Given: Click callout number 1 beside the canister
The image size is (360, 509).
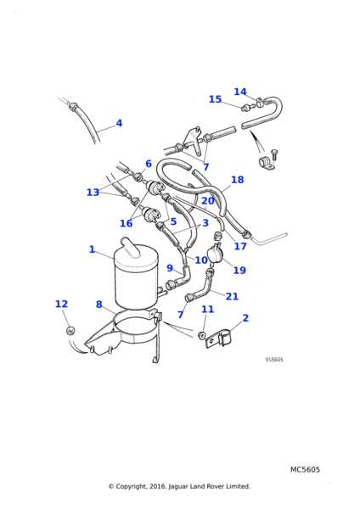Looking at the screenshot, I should pyautogui.click(x=92, y=249).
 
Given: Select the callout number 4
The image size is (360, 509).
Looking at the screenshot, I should pyautogui.click(x=119, y=123).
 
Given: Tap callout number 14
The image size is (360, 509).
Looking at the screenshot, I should pyautogui.click(x=240, y=92).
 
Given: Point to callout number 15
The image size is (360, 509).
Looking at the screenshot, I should pyautogui.click(x=215, y=99).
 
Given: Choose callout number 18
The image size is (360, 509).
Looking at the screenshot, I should pyautogui.click(x=237, y=180).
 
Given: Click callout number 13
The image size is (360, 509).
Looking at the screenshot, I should pyautogui.click(x=93, y=193).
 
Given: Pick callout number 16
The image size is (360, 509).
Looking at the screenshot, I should pyautogui.click(x=126, y=224).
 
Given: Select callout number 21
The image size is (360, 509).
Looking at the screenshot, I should pyautogui.click(x=232, y=296).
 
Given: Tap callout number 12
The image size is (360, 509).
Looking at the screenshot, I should pyautogui.click(x=61, y=304).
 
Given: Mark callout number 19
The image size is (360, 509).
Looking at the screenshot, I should pyautogui.click(x=239, y=271).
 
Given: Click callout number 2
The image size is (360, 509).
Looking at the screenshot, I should pyautogui.click(x=245, y=318).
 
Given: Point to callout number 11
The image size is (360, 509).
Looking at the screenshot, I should pyautogui.click(x=207, y=310).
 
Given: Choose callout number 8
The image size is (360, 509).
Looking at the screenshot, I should pyautogui.click(x=98, y=305).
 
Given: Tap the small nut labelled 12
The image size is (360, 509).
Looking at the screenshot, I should pyautogui.click(x=70, y=329).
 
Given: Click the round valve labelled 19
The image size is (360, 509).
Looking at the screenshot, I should pyautogui.click(x=218, y=253).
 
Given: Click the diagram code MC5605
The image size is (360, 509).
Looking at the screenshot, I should pyautogui.click(x=305, y=469).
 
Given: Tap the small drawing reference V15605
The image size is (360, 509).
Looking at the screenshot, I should pyautogui.click(x=274, y=360).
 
